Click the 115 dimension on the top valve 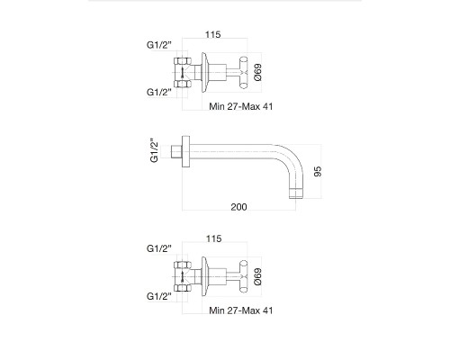point(213,34)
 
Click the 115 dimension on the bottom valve point(213,238)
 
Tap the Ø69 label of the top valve point(257,72)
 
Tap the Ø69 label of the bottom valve point(257,276)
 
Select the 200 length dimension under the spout point(238,207)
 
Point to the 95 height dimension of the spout point(318,171)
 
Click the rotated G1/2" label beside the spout point(154,150)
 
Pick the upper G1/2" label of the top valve point(159,45)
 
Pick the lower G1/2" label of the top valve point(159,92)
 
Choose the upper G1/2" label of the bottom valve point(159,248)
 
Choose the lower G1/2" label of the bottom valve point(159,296)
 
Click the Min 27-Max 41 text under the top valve point(241,106)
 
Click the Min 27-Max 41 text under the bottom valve point(241,310)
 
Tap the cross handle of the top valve point(244,73)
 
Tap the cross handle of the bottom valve point(244,276)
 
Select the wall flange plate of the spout point(186,151)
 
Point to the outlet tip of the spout point(297,193)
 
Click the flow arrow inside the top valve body point(182,73)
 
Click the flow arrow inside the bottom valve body point(182,277)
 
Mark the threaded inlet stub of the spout point(176,151)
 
